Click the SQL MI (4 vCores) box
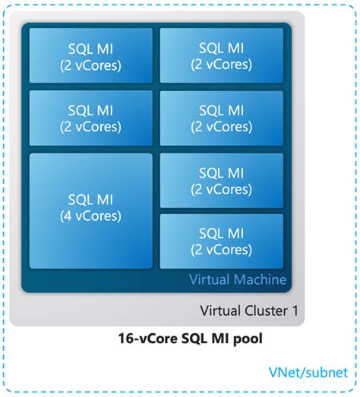(90, 208)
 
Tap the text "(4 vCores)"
(90, 216)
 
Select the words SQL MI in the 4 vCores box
(90, 200)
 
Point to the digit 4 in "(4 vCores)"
(66, 216)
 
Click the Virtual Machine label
(238, 280)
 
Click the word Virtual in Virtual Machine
(208, 280)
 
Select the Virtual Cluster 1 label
(248, 310)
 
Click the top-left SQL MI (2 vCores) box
(90, 56)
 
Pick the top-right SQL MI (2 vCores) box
(222, 56)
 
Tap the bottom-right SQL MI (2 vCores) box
(222, 241)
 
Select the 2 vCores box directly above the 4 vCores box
(90, 118)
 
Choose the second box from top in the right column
(222, 118)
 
